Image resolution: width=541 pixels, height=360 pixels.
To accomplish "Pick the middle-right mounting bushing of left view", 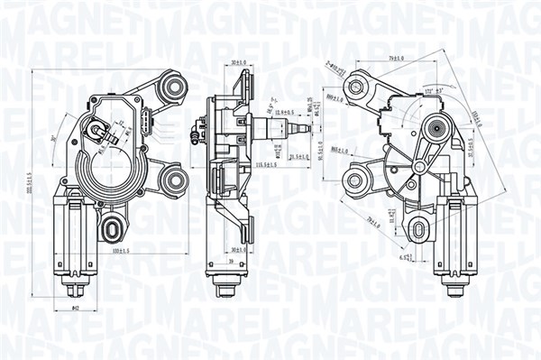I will (170, 178).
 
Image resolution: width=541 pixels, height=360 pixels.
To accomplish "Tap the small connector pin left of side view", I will (194, 137).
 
